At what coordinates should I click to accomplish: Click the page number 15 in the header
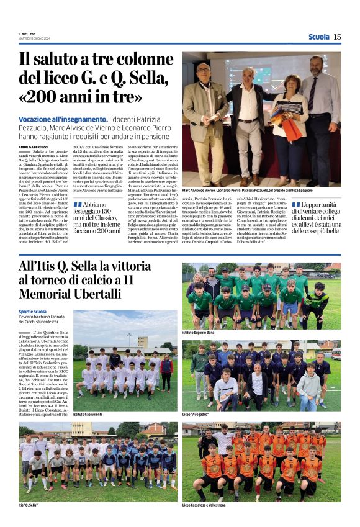point(337,37)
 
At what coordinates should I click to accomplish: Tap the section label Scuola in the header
point(318,37)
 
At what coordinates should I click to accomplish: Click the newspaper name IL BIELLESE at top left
point(28,34)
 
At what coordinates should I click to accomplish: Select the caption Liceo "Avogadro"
point(196,413)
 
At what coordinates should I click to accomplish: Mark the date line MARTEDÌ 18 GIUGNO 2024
point(34,38)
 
